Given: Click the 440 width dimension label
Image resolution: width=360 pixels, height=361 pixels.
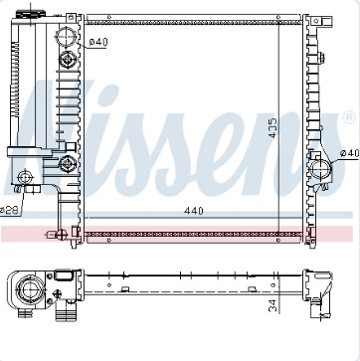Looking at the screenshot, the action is coord(194,211).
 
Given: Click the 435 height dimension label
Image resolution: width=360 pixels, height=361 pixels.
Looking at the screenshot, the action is coord(272,128).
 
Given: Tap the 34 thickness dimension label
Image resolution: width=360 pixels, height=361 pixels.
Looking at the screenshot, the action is coord(272,305).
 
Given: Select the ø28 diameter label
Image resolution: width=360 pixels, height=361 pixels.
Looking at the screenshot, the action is coord(9,210).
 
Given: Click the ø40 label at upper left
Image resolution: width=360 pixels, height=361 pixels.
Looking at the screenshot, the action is coord(98,42).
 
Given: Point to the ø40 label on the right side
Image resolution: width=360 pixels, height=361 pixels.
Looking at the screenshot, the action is coord(350,153).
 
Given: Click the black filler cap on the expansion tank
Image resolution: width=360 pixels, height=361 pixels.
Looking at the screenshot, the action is coord(31,14).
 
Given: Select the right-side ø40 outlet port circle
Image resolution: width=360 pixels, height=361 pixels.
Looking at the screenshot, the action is coord(321,169).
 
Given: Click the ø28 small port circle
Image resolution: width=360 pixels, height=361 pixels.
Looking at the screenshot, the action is coord(25,178).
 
